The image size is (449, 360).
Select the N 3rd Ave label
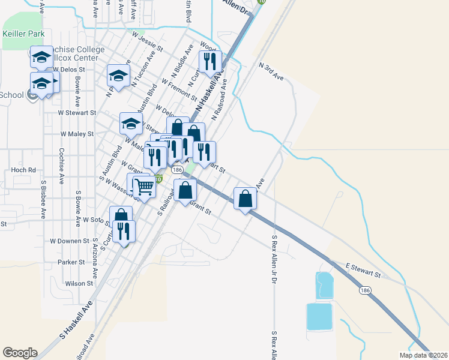click(x=270, y=70)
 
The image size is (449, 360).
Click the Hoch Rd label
click(x=23, y=170)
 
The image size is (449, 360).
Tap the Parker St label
click(x=71, y=262)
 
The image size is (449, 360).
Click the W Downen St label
click(x=70, y=241)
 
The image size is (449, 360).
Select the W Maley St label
click(x=77, y=134)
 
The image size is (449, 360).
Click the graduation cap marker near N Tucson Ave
click(x=119, y=76)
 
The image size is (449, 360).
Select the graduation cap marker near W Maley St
click(x=131, y=124)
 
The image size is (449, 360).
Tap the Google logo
click(x=20, y=352)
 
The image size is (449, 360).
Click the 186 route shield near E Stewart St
click(x=365, y=290)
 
